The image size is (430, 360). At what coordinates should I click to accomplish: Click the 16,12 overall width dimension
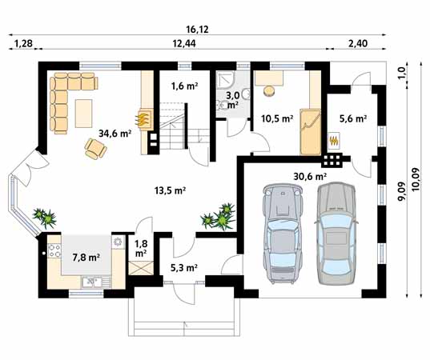click(197, 29)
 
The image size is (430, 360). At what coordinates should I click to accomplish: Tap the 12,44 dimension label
click(184, 43)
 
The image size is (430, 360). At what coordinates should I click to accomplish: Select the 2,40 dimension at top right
click(358, 43)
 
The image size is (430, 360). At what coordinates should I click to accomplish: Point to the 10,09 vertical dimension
click(416, 179)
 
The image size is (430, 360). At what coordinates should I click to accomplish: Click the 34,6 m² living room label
click(115, 134)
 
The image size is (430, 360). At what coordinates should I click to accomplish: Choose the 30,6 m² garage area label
click(310, 177)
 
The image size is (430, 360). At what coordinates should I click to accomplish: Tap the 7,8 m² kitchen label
click(86, 258)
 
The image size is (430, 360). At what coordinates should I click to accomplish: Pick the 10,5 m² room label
click(277, 118)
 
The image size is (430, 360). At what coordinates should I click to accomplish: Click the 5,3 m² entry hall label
click(184, 268)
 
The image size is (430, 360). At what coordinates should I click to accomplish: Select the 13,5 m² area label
click(171, 190)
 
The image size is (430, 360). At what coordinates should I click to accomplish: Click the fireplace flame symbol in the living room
click(143, 118)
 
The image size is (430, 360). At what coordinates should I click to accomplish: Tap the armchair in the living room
click(95, 149)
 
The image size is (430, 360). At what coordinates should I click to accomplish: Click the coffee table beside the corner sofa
click(83, 114)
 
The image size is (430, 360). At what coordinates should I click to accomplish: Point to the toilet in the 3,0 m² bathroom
click(223, 105)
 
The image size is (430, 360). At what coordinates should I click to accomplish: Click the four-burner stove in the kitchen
click(54, 250)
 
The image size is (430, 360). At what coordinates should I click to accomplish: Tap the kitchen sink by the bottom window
click(92, 282)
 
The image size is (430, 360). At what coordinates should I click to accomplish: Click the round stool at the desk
click(269, 91)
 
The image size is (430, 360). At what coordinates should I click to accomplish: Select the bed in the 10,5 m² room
click(310, 132)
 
